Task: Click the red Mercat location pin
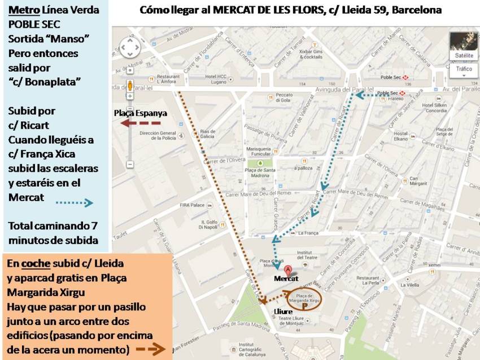288,270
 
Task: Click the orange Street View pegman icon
130,86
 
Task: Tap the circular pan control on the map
130,47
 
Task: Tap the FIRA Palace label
192,205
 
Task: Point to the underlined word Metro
20,11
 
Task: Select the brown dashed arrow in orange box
150,350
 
